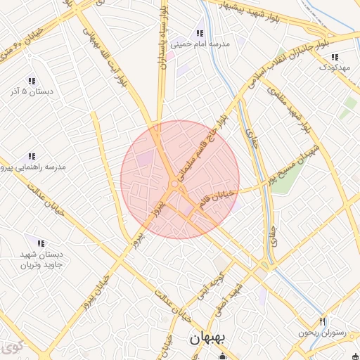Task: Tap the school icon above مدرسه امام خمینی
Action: tap(200, 33)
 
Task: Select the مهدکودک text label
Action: tap(333, 67)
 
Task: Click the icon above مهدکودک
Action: tap(335, 57)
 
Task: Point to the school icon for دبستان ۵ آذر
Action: tap(31, 81)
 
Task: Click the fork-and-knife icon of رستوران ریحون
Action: tap(323, 321)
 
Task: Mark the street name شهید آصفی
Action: tap(238, 297)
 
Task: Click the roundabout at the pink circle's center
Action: tap(174, 184)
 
